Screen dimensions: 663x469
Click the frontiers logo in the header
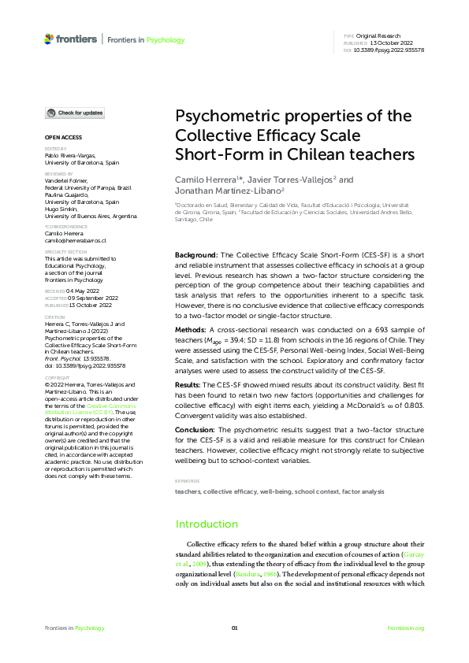(71, 39)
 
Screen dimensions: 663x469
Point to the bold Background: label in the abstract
(196, 256)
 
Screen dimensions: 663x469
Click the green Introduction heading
(207, 524)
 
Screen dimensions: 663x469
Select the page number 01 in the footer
(234, 628)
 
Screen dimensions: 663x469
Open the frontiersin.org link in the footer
(406, 628)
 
